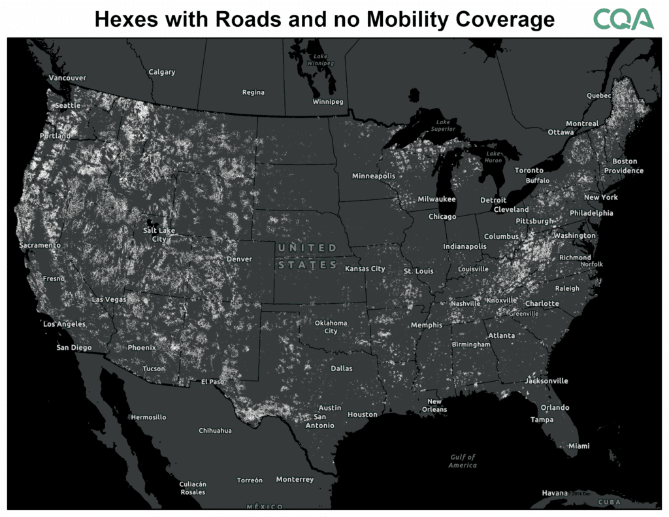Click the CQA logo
[x=623, y=19]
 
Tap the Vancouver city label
[x=67, y=78]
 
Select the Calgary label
[x=162, y=72]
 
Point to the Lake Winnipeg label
[x=320, y=59]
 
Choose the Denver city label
[x=238, y=259]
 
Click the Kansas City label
[x=365, y=269]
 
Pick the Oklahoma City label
[x=331, y=327]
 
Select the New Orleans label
[x=434, y=405]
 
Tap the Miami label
[x=579, y=446]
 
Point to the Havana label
[x=555, y=493]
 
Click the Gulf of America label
[x=463, y=461]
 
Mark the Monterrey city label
[x=295, y=479]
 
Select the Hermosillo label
[x=148, y=417]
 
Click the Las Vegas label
[x=109, y=299]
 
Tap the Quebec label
[x=599, y=95]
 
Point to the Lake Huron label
[x=493, y=157]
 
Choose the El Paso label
[x=212, y=382]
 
